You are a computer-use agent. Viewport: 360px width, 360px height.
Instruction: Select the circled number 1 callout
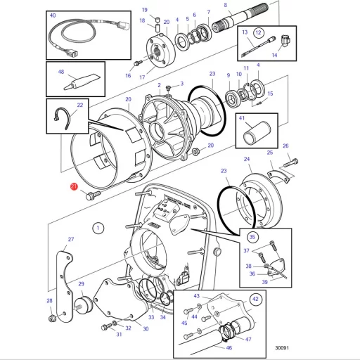[98, 227]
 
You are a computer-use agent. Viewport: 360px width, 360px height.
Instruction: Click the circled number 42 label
[256, 299]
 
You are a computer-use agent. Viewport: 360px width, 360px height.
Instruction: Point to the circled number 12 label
[258, 32]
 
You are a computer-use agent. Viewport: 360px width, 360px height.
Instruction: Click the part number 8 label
[225, 6]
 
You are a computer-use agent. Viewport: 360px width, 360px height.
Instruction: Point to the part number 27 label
[70, 240]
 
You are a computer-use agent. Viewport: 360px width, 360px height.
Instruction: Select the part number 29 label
[82, 284]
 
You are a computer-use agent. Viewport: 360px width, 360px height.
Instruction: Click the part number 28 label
[50, 301]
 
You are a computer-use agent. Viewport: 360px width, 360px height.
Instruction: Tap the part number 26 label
[285, 146]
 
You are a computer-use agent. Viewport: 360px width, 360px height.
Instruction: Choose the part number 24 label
[247, 160]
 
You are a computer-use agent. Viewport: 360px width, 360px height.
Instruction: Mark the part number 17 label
[141, 77]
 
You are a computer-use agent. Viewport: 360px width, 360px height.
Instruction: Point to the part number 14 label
[274, 54]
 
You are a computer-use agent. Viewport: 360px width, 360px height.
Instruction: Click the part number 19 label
[144, 9]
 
